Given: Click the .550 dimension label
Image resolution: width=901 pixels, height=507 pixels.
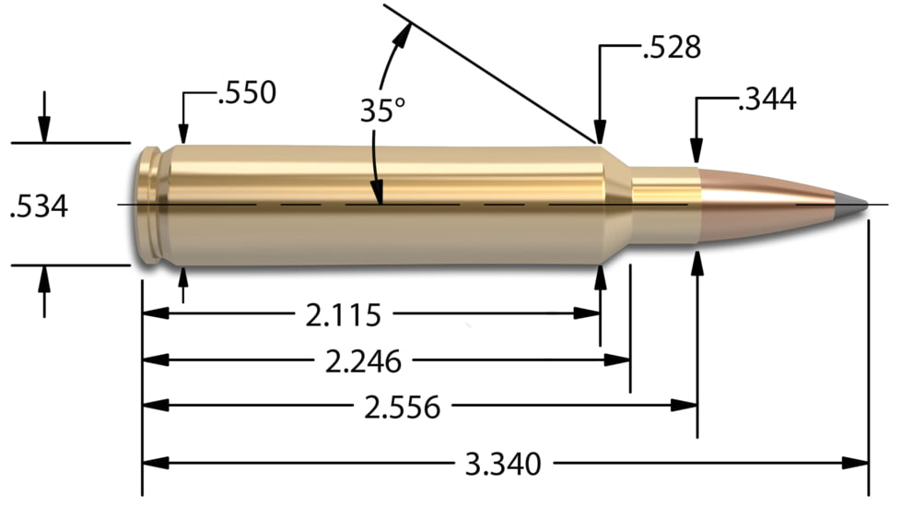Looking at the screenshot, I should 246,93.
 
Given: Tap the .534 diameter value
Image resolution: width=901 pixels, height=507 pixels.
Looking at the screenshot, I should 38,206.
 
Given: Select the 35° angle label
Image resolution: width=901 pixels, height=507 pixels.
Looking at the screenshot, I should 382,111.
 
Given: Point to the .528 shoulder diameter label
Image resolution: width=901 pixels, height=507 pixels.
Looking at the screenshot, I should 671,47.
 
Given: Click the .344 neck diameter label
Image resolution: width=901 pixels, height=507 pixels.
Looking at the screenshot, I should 766,99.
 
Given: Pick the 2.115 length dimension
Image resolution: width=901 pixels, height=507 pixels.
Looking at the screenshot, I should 344,315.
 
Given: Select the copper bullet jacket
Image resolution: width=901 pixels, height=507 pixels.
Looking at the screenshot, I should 765,204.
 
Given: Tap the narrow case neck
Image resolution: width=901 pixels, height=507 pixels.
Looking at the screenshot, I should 663,204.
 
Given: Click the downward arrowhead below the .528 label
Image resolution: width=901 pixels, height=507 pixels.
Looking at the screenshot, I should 601,135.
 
